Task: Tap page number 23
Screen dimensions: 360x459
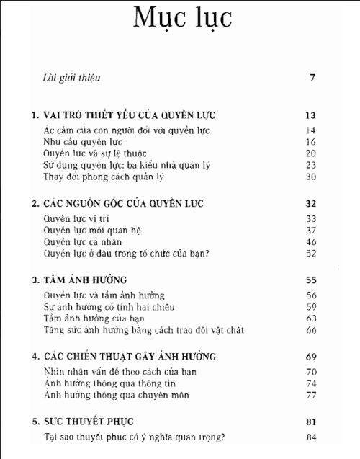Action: pos(311,165)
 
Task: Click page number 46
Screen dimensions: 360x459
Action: pos(311,242)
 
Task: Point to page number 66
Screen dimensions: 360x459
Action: pos(311,330)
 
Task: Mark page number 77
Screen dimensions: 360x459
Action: pos(311,395)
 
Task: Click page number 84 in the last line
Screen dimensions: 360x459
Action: pos(311,437)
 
